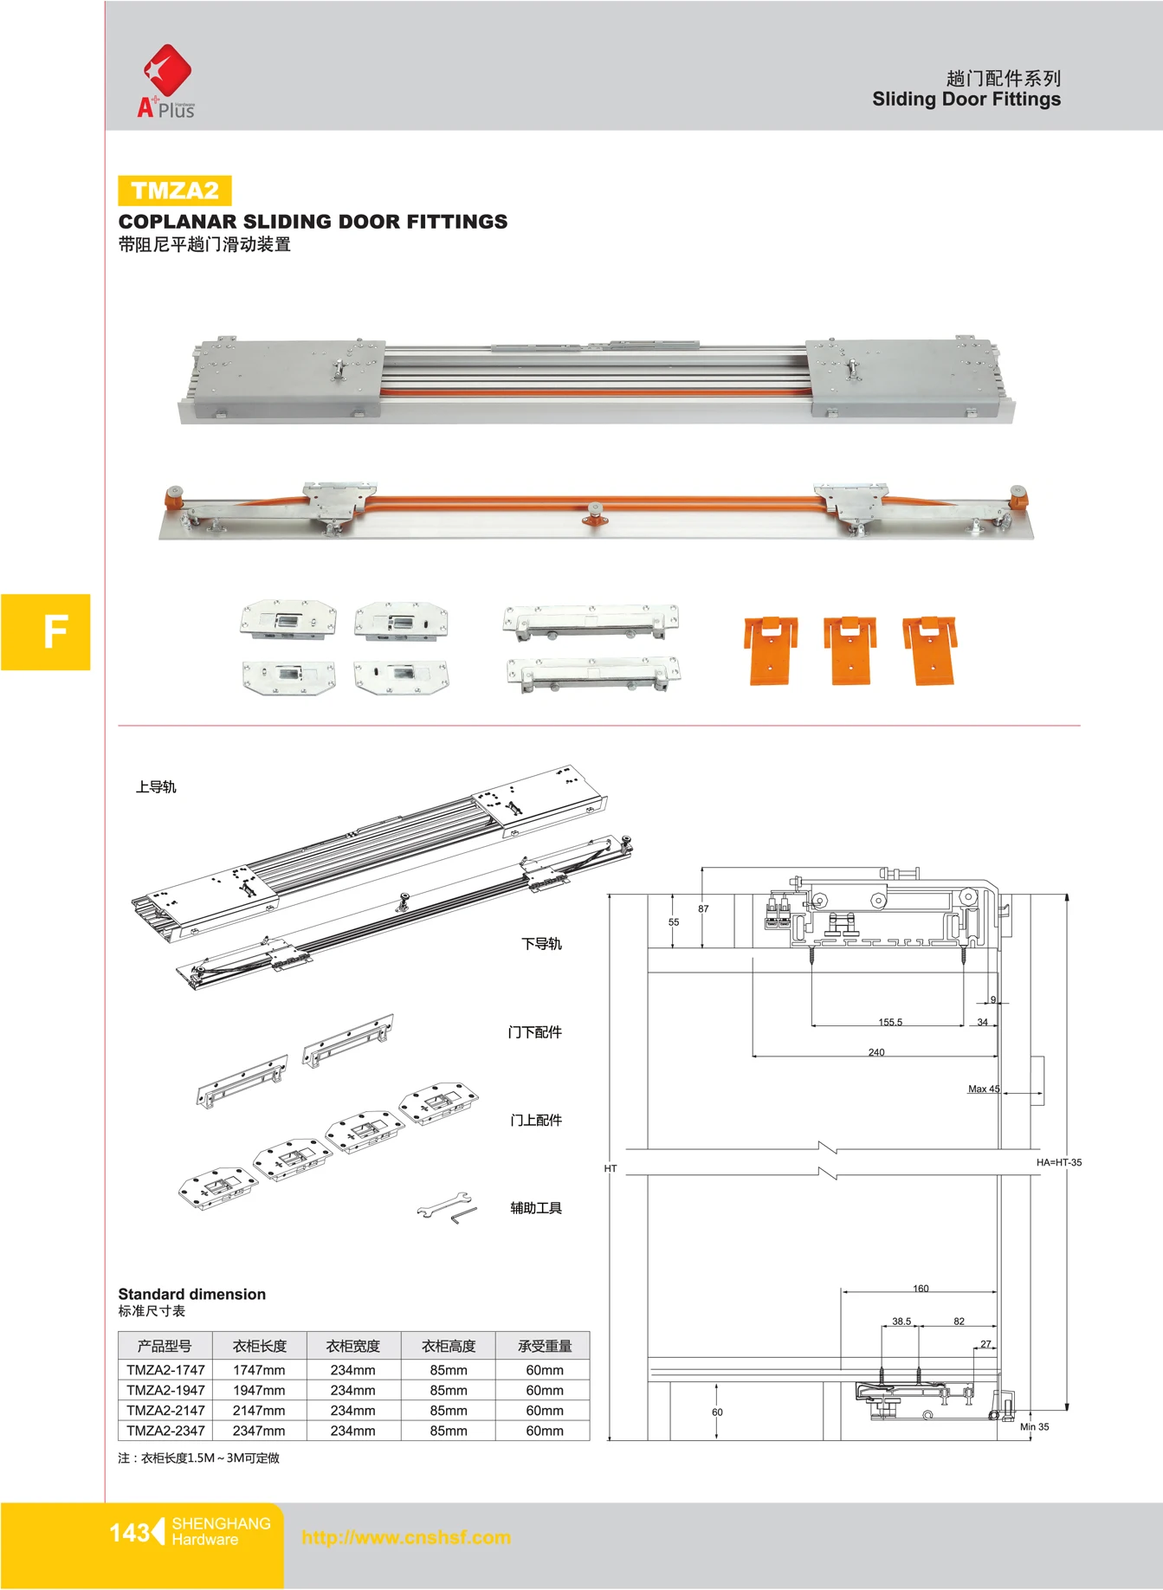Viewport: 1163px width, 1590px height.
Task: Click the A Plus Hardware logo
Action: pos(166,82)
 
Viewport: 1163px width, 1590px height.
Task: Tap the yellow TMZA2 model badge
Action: pos(175,191)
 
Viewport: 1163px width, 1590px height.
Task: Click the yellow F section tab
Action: pos(46,632)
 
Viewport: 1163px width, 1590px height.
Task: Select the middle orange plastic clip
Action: pos(850,650)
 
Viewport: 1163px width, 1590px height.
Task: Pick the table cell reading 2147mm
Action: pos(258,1411)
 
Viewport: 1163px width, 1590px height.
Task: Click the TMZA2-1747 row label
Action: pos(165,1370)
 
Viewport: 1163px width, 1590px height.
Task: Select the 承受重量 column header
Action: pos(544,1346)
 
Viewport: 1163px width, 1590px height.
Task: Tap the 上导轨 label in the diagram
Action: pos(156,787)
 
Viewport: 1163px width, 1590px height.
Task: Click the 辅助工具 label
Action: pos(535,1208)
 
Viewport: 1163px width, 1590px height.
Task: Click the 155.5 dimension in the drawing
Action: pos(889,1022)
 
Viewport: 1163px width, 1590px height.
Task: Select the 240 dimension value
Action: pos(876,1052)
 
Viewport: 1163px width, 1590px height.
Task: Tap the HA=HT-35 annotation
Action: pos(1058,1162)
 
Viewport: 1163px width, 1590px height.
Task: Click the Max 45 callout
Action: pos(983,1089)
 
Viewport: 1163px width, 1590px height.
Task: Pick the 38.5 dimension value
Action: pos(901,1322)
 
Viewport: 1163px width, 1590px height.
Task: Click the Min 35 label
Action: pos(1034,1426)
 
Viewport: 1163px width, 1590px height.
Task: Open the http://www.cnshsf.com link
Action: pos(406,1537)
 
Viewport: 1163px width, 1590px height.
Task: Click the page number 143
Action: pos(129,1533)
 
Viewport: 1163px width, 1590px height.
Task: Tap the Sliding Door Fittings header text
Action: pos(966,99)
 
